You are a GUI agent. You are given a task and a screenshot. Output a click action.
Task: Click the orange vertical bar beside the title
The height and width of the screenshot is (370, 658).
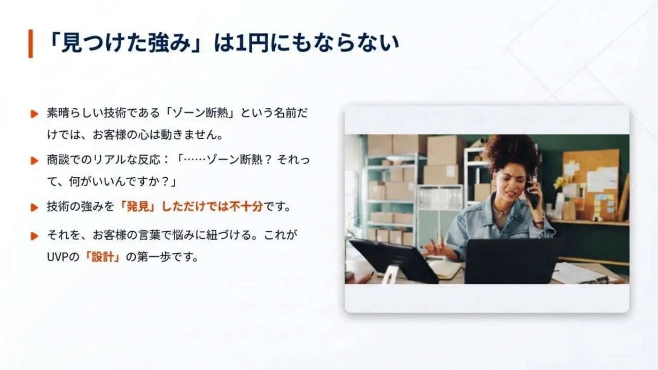coord(30,44)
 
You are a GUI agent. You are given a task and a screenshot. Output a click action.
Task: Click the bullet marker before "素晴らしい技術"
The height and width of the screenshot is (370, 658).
coord(34,114)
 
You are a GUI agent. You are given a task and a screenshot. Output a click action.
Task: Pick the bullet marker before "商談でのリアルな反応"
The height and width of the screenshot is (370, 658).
coord(34,161)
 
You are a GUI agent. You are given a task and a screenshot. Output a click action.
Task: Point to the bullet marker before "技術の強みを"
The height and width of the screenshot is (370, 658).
coord(34,208)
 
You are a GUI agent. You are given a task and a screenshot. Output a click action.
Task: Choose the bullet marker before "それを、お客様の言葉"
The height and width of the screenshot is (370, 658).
coord(34,236)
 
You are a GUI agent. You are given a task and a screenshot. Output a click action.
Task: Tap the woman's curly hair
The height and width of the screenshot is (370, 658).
coord(511,152)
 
